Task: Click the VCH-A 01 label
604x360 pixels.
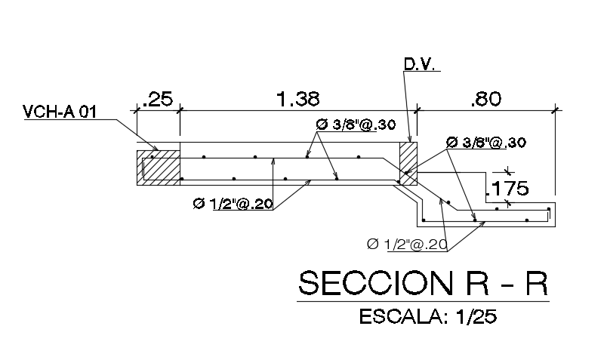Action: pos(60,112)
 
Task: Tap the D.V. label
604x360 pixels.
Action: pos(420,66)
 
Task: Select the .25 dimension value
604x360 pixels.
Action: pos(158,99)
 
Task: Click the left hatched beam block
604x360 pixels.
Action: pos(158,167)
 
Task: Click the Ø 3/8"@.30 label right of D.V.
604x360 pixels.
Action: pos(486,143)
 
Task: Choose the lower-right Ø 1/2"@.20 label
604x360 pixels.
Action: pos(406,244)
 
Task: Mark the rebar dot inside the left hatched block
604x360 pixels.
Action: pos(151,157)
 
